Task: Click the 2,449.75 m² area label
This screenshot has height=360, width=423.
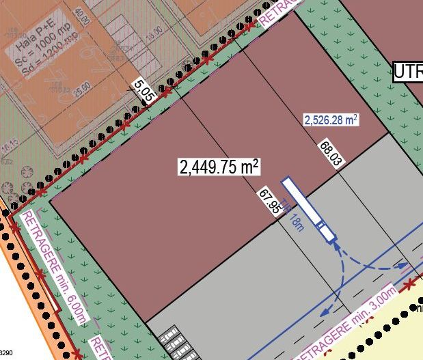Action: coord(219,166)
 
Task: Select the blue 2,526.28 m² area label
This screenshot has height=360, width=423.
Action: coord(331,120)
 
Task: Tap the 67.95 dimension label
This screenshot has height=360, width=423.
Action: coord(271,202)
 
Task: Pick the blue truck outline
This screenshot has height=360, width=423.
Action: coord(309,209)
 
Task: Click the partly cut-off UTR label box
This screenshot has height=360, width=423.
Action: coord(408,71)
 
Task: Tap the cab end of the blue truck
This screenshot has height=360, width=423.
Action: coord(331,238)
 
